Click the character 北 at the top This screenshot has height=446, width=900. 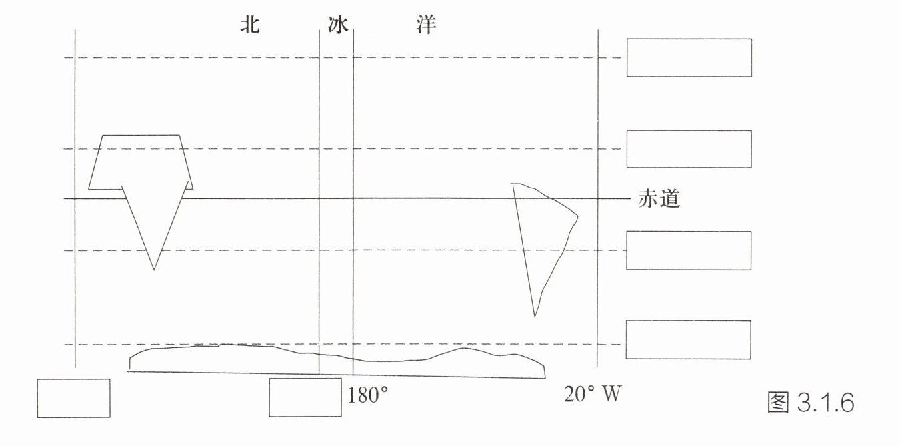250,25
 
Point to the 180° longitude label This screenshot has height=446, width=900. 367,395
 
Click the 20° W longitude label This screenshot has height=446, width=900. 593,395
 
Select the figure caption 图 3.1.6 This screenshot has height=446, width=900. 811,403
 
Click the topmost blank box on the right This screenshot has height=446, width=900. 689,57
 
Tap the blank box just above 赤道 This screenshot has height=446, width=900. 689,149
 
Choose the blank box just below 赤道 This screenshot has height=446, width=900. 689,250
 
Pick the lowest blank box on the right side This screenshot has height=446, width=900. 689,340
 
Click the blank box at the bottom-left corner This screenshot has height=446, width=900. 73,398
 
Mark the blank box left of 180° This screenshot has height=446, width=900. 305,398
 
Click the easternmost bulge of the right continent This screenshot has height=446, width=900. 577,216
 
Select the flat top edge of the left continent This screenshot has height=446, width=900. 140,135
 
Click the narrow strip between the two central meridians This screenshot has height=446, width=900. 336,200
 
